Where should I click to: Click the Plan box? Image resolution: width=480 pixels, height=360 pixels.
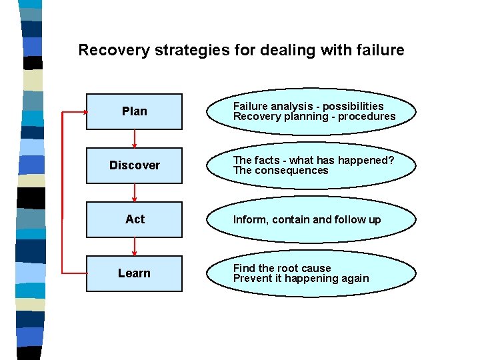point(134,111)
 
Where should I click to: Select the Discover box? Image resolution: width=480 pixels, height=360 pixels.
point(134,165)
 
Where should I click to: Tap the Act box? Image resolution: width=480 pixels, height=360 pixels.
point(134,219)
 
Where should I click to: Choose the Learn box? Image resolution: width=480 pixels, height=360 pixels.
point(134,273)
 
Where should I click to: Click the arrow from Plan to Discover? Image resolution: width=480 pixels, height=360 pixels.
point(135,138)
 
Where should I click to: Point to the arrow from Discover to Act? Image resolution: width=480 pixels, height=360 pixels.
point(135,192)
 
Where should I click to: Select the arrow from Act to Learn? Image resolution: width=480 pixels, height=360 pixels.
point(135,246)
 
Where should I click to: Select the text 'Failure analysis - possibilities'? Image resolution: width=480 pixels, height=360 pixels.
point(308,107)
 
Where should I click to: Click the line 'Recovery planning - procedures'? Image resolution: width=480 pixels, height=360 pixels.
point(314,117)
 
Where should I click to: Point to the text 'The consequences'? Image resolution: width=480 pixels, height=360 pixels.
point(281,171)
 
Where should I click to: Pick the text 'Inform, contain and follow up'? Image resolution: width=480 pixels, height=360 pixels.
point(307,219)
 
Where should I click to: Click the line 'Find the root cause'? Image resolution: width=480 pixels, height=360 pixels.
point(281,268)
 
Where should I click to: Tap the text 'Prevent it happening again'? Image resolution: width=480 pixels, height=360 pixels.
point(301,279)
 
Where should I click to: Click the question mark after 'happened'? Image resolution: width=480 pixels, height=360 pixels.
point(391,161)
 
